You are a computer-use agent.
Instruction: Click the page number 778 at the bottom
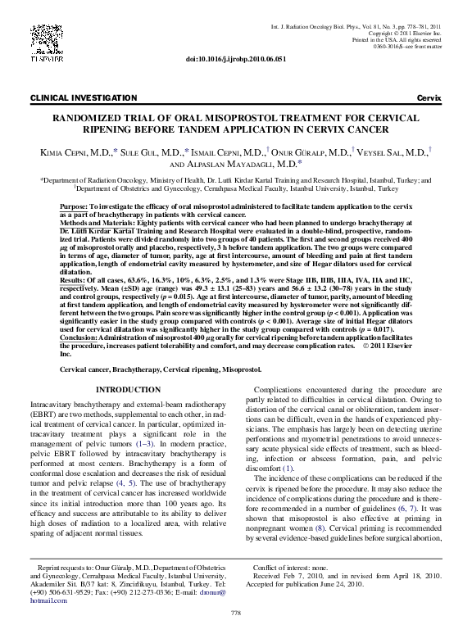236,614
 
